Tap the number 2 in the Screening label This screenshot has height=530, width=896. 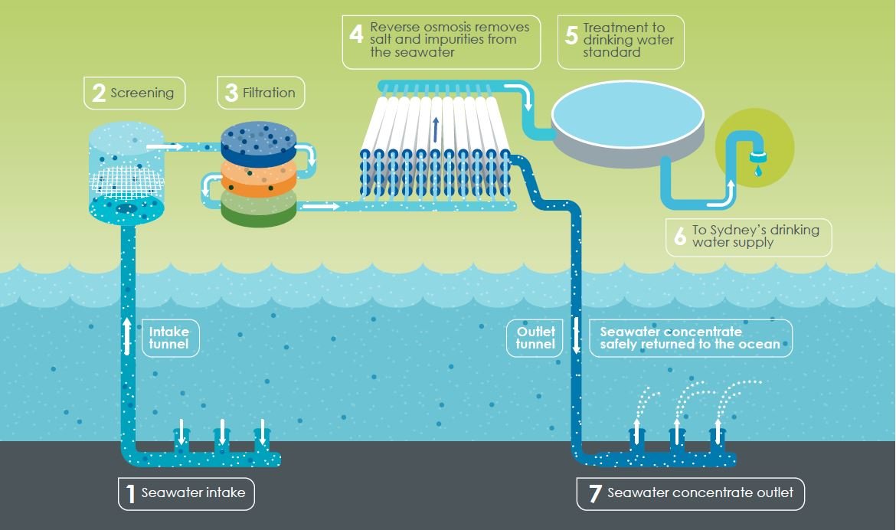click(99, 93)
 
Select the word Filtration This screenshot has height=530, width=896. click(269, 93)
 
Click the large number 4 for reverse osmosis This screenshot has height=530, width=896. click(356, 34)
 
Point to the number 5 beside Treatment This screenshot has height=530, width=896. click(571, 35)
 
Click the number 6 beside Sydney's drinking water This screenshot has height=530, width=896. click(679, 236)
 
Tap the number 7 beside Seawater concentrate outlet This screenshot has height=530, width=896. click(595, 493)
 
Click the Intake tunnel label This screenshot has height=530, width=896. click(170, 338)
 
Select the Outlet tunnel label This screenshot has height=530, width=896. click(535, 338)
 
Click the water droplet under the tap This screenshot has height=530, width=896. click(758, 170)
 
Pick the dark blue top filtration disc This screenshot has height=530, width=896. click(259, 143)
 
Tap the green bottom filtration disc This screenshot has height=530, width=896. click(259, 209)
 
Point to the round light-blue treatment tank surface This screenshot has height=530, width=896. click(627, 114)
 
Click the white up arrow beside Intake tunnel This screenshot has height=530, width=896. click(127, 336)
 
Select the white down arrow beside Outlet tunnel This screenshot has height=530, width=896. click(576, 335)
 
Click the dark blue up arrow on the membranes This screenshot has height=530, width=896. click(436, 129)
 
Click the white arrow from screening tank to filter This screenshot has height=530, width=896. click(165, 147)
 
